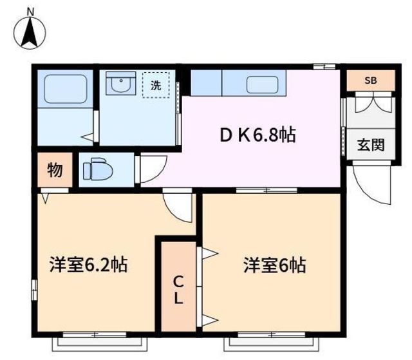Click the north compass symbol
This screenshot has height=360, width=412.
[30, 33]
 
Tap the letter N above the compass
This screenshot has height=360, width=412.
[31, 12]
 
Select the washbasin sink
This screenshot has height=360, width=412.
[121, 83]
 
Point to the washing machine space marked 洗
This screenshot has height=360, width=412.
[156, 85]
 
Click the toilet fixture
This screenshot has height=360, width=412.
[98, 170]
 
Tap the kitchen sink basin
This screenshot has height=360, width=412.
[262, 84]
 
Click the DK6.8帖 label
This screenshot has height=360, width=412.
[257, 135]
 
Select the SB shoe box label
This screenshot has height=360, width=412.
[371, 81]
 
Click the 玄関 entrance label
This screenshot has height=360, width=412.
[371, 145]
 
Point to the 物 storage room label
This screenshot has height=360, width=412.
[55, 170]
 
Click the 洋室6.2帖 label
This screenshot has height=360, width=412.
[89, 265]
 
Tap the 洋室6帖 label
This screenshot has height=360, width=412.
[275, 265]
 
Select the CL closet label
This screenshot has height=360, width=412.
[178, 290]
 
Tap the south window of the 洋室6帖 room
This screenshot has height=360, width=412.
[272, 335]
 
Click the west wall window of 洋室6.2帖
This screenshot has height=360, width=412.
[34, 290]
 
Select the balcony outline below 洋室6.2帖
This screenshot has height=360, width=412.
[100, 345]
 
